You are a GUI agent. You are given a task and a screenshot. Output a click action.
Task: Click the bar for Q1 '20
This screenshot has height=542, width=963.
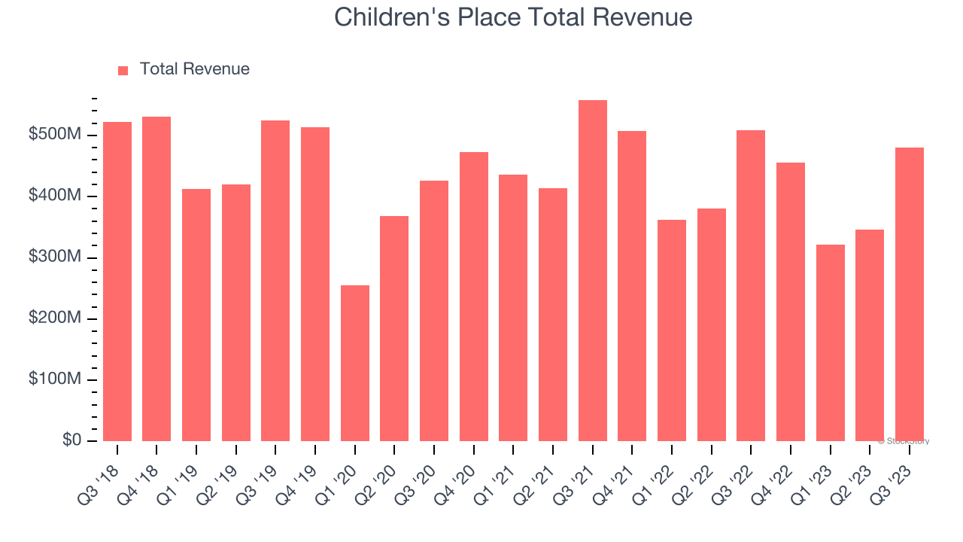point(354,363)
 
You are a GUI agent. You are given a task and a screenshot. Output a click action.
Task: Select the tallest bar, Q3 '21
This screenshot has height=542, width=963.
point(592,271)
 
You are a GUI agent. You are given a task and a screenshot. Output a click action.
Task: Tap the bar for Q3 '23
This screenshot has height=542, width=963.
point(910,294)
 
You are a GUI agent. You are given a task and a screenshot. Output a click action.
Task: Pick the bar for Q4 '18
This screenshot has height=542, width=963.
point(156,279)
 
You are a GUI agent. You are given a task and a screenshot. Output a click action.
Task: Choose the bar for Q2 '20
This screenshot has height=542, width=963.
point(394,328)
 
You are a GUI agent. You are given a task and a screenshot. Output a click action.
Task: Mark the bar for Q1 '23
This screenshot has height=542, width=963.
point(830,343)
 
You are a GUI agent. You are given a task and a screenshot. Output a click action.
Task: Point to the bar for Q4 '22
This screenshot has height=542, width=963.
point(791,301)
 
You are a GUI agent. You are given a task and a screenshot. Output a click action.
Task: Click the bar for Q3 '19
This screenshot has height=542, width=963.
point(275,281)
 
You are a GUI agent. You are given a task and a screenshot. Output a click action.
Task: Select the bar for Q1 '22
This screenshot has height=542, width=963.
point(672,330)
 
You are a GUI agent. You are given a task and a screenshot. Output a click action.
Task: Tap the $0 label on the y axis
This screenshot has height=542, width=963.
point(72,440)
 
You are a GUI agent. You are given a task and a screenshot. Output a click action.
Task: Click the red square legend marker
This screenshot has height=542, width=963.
point(123,70)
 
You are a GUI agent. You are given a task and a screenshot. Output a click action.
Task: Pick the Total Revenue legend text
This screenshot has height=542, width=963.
point(194,69)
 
